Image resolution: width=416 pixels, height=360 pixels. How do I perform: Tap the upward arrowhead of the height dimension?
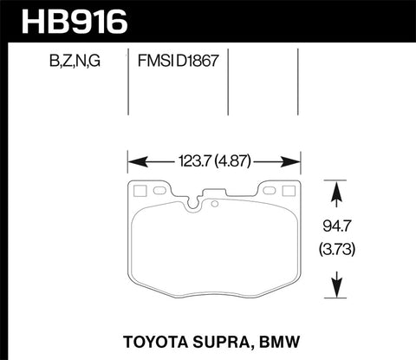(x=335, y=187)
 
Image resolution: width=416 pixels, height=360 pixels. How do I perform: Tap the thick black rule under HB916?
(x=208, y=39)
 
